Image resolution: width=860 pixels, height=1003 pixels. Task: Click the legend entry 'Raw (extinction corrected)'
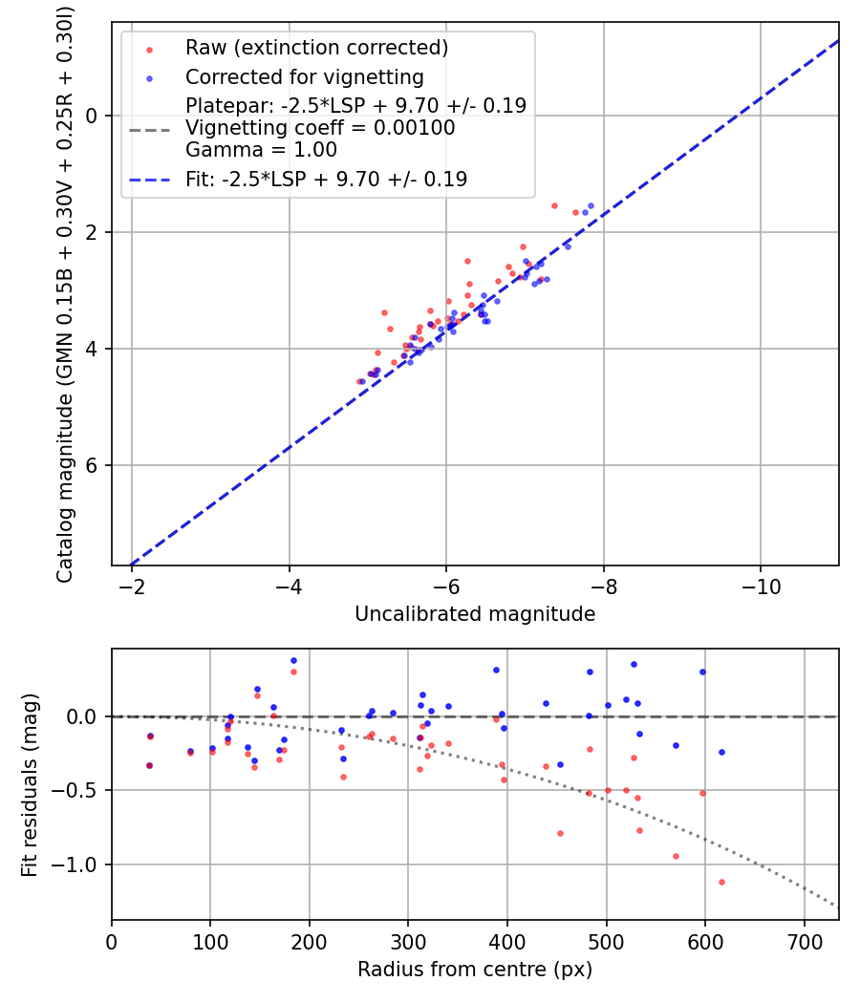[x=316, y=48]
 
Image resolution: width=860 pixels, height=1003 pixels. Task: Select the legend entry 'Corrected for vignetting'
[x=304, y=76]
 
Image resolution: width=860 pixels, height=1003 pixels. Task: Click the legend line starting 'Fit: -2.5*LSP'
[x=326, y=179]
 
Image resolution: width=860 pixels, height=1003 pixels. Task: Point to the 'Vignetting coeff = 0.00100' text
[x=320, y=128]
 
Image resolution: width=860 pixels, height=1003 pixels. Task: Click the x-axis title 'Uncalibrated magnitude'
[x=475, y=614]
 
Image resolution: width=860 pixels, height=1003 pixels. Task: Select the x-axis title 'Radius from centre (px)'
[x=475, y=970]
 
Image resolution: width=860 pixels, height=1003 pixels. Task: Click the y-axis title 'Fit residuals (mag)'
[x=30, y=784]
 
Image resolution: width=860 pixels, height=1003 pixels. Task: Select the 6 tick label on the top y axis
[x=93, y=465]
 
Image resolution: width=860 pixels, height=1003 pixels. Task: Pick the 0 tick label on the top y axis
[x=93, y=116]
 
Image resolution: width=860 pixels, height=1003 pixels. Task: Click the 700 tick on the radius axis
[x=804, y=941]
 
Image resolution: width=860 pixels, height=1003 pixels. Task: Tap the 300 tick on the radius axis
[x=408, y=941]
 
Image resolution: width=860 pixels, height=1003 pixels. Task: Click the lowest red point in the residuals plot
[x=721, y=882]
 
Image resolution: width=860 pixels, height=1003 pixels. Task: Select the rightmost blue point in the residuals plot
[x=721, y=752]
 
